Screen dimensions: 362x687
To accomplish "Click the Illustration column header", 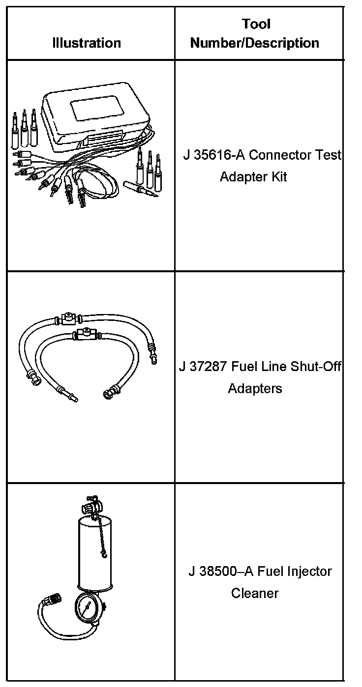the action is click(x=87, y=43).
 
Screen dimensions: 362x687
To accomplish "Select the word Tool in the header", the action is click(x=256, y=24).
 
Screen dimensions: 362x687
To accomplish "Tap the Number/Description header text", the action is click(x=255, y=43).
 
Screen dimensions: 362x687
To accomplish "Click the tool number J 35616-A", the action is click(x=214, y=155).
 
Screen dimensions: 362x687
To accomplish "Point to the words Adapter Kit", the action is click(x=253, y=176).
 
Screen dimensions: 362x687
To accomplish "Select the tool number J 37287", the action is click(x=201, y=367).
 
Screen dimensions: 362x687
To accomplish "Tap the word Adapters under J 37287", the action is click(x=255, y=388).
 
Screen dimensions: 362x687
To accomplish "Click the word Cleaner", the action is click(x=255, y=593).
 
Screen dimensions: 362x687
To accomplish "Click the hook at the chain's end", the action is click(x=103, y=553).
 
